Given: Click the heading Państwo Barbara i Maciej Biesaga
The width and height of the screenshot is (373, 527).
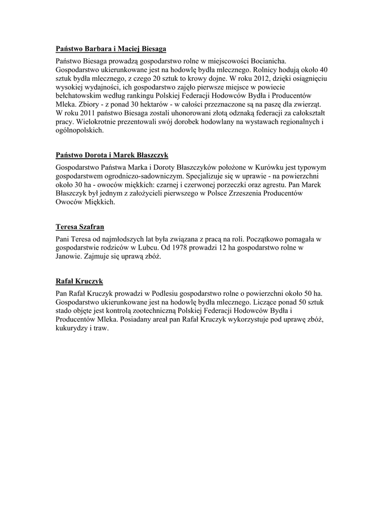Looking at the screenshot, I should click(x=111, y=49).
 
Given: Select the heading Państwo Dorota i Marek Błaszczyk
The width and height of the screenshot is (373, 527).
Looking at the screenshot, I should click(x=112, y=155).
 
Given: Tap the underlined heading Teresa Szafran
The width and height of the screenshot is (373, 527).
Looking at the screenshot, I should click(x=83, y=226).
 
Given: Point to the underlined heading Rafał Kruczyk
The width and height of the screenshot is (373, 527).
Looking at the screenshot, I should click(x=79, y=281).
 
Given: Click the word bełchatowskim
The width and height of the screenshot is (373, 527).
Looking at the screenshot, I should click(x=78, y=95).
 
